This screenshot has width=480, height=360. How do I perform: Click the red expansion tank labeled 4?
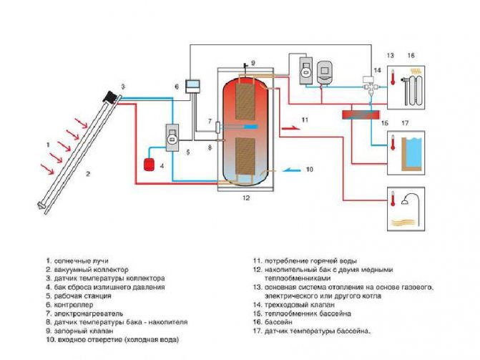(x=150, y=164)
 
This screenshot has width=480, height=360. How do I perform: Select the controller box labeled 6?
(x=193, y=87)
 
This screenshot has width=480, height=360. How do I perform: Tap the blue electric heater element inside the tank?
(x=250, y=127)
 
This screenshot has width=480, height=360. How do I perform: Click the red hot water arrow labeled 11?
(x=291, y=127)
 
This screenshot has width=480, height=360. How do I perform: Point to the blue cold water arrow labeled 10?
(x=291, y=170)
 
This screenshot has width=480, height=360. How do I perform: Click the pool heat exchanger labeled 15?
(x=361, y=115)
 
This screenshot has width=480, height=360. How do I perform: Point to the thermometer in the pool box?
(x=393, y=142)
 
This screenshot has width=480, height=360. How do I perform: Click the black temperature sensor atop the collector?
(x=109, y=97)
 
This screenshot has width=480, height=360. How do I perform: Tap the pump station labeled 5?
(x=172, y=137)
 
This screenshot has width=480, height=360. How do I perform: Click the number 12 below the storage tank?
(x=246, y=198)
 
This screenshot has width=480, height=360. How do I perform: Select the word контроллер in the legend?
(x=74, y=305)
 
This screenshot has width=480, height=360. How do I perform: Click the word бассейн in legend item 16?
(x=278, y=322)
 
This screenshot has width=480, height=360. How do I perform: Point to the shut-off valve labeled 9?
(x=245, y=67)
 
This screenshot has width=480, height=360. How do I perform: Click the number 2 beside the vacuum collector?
(x=88, y=174)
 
